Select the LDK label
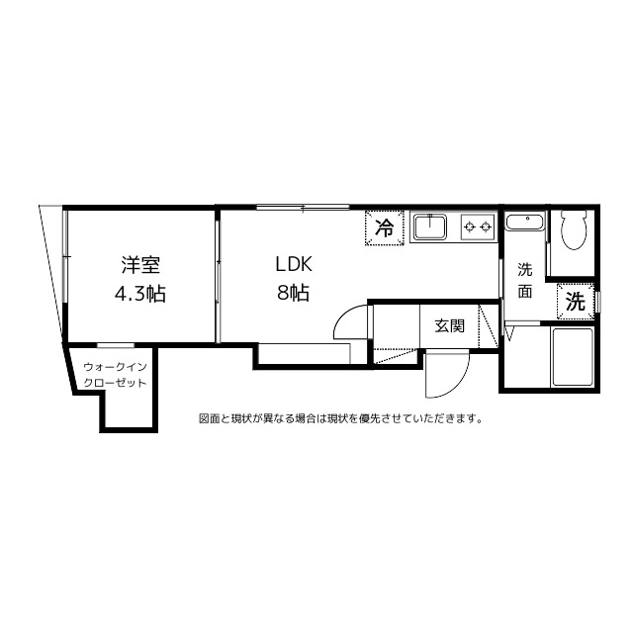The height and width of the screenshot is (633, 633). (x=293, y=265)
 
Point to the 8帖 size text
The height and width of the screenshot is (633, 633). (x=294, y=293)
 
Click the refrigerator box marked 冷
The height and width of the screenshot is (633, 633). (x=384, y=226)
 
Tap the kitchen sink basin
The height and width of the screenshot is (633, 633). (x=431, y=228)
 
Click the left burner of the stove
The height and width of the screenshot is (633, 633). (x=468, y=227)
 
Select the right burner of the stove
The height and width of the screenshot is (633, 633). (x=486, y=227)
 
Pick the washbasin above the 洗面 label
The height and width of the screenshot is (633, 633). (x=524, y=224)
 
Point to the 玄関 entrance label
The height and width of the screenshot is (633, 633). (x=449, y=325)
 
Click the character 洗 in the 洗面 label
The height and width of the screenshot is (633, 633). (x=525, y=269)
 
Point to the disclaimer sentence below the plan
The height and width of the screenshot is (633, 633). (x=340, y=417)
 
